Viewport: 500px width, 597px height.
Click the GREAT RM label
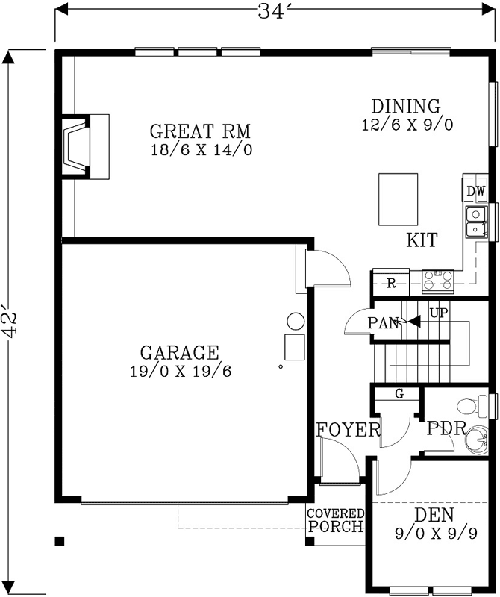(200, 132)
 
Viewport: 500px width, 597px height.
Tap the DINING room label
(406, 106)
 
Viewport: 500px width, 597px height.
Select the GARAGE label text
(179, 352)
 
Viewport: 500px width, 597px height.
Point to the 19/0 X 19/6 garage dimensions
(179, 371)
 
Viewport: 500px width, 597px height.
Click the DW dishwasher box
(476, 192)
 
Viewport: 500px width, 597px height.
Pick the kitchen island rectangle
(398, 199)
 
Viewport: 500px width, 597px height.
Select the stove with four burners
(438, 281)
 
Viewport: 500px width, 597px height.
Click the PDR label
(446, 430)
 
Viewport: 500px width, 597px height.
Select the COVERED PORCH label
(336, 521)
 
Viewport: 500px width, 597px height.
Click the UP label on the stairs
(438, 311)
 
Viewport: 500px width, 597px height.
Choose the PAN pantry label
(383, 323)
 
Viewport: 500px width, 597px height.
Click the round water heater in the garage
(296, 322)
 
